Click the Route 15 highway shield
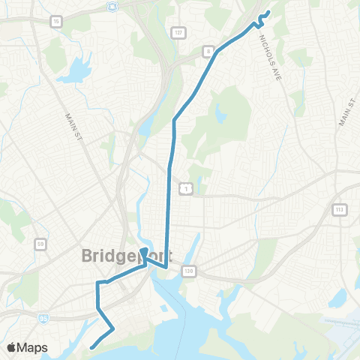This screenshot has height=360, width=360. pos(57,22)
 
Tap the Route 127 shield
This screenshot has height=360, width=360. pos(178,32)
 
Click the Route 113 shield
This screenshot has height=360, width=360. pos(340,209)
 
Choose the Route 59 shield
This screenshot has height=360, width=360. pos(41,244)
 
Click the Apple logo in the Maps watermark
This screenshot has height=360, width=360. pos(13,347)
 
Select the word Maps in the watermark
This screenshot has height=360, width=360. pos(34,347)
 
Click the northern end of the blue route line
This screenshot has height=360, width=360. pos(268,11)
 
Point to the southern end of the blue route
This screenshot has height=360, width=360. pos(91,347)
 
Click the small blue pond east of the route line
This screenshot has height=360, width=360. pos(220,115)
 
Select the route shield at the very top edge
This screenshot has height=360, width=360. pos(112,6)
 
